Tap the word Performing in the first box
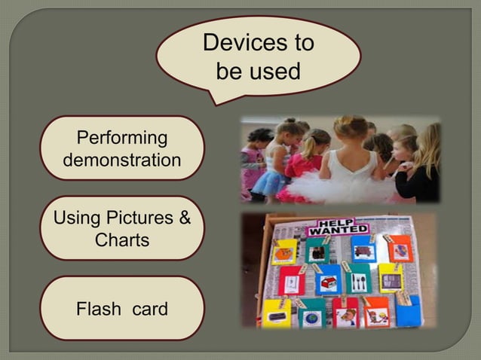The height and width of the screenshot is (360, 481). (x=122, y=138)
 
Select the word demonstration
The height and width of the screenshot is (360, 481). (x=122, y=160)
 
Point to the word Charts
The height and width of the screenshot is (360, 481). (x=122, y=241)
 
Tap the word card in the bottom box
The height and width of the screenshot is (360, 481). (x=149, y=309)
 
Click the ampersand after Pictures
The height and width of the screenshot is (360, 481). (x=182, y=219)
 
